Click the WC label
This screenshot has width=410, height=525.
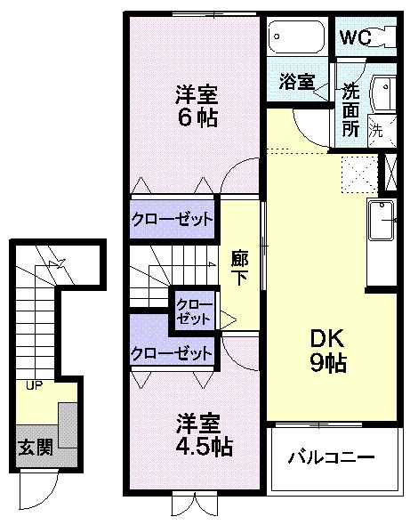[353, 38]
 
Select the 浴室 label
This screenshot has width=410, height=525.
[296, 82]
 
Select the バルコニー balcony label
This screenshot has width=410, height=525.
[331, 458]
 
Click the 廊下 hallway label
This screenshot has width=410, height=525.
[238, 264]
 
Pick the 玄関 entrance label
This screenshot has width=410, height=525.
[36, 446]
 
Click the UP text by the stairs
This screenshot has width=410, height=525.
[35, 386]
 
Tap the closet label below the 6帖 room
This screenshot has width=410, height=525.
[173, 218]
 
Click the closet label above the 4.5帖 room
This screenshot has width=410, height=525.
[173, 352]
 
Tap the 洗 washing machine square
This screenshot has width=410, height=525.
[375, 128]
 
